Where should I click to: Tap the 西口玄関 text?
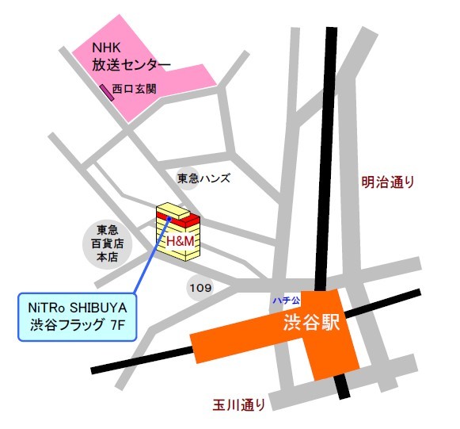(134, 90)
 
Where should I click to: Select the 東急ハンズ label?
(203, 178)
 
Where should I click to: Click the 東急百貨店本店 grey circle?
(107, 243)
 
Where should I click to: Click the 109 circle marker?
(200, 287)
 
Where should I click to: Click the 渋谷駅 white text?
(309, 324)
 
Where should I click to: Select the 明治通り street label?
(388, 182)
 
